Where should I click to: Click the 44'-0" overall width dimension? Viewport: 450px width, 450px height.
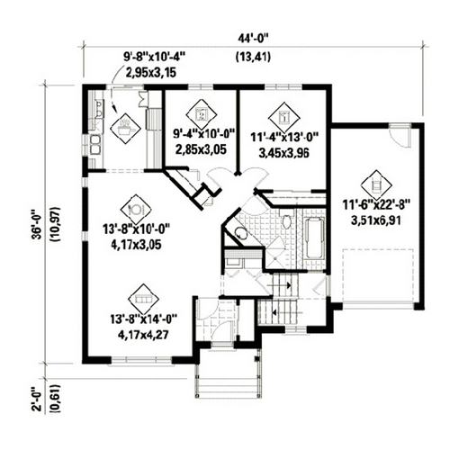(x=253, y=39)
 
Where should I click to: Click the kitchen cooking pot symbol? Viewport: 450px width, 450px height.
(x=125, y=129)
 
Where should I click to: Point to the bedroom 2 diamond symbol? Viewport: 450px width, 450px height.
(x=202, y=114)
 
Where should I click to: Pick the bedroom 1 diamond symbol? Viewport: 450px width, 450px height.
(x=283, y=117)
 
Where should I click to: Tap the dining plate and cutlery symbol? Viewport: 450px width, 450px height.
(x=136, y=210)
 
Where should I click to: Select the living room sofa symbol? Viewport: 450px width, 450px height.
(x=143, y=299)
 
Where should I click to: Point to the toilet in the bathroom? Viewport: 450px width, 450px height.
(x=287, y=222)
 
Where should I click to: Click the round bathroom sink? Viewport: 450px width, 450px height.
(x=240, y=233)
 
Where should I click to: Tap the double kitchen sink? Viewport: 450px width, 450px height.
(x=96, y=144)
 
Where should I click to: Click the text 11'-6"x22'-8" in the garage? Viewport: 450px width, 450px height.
(x=376, y=206)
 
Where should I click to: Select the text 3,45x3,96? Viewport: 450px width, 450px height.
(x=283, y=153)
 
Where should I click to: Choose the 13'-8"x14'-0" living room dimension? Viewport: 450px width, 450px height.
(x=144, y=319)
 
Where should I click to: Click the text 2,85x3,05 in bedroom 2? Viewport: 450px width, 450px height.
(x=201, y=149)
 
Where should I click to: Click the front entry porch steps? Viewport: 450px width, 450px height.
(x=228, y=385)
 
